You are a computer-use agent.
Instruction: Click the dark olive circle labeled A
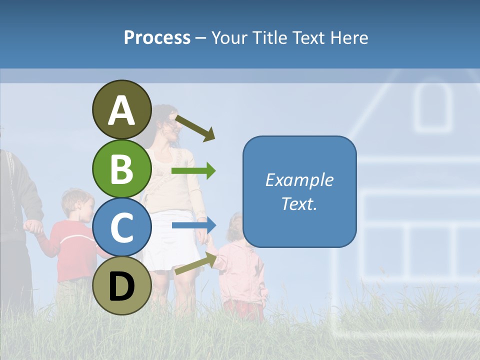[x=122, y=109]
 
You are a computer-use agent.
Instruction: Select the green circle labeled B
[x=122, y=168]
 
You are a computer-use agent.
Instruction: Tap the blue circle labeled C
[x=122, y=227]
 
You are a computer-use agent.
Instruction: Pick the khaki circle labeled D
[x=122, y=285]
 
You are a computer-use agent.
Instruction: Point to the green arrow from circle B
[x=193, y=171]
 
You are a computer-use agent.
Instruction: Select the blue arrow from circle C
[x=193, y=225]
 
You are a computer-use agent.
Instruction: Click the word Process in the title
[x=157, y=37]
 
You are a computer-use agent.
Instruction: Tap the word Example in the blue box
[x=299, y=180]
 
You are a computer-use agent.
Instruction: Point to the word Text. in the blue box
[x=299, y=203]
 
